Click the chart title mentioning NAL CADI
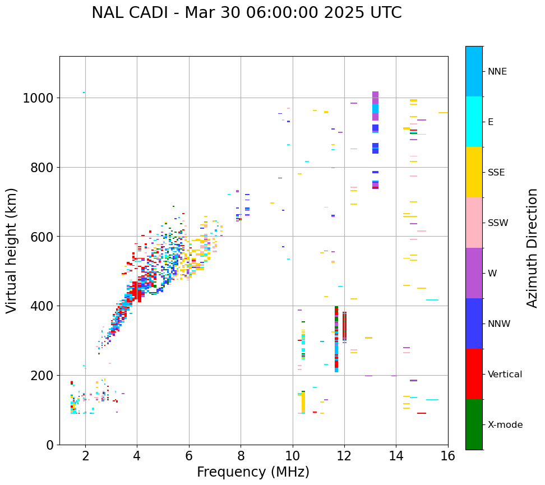[247, 13]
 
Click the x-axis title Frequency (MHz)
[253, 472]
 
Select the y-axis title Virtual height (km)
[12, 250]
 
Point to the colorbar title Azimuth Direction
[532, 248]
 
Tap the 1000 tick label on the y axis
[38, 99]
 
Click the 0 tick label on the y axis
[50, 445]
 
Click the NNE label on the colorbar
[497, 72]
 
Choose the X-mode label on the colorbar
[505, 425]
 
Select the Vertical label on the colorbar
[505, 375]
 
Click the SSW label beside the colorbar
[498, 223]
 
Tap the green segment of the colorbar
[474, 424]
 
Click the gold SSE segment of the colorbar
[474, 172]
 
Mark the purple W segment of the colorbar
[474, 273]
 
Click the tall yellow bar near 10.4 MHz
[303, 403]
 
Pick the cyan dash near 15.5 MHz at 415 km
[432, 300]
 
